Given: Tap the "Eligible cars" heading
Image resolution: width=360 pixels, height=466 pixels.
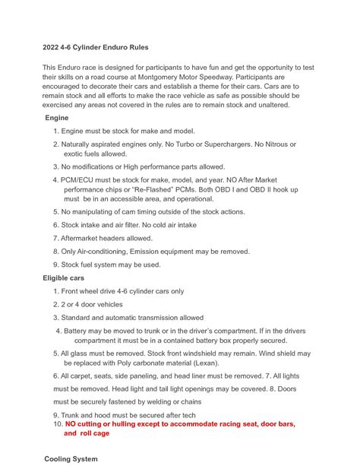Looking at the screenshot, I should tap(68, 278).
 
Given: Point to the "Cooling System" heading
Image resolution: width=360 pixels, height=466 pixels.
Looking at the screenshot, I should tap(71, 459).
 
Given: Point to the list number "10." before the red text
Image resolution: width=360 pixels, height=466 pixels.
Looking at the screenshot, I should tap(57, 423).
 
